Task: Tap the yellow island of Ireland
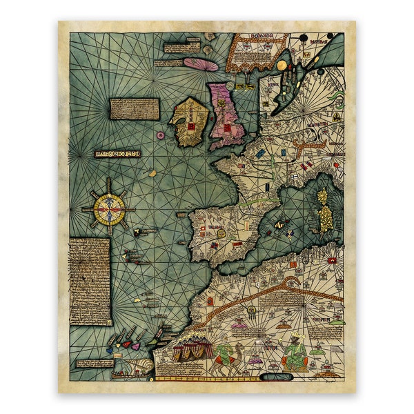tap(188, 123)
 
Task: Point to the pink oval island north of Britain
tap(201, 65)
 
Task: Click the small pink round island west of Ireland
tap(161, 136)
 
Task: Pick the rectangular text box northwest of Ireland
tap(135, 108)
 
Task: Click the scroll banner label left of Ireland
tap(117, 153)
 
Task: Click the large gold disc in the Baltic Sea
tap(282, 66)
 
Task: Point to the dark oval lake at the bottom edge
tap(276, 377)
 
